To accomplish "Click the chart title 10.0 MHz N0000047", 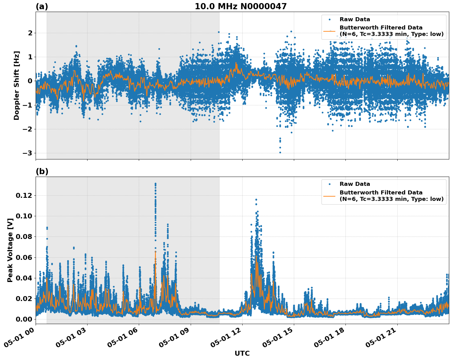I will [240, 6].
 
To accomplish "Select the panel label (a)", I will [42, 6].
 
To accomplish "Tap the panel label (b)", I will [42, 171].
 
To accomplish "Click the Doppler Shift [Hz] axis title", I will [17, 85].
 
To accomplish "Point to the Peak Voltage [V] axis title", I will [10, 250].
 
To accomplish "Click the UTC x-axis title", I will [242, 353].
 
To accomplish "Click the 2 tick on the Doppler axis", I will [30, 33].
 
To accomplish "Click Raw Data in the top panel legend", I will [355, 19].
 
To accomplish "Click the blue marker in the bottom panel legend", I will [329, 184].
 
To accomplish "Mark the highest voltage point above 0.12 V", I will [155, 184].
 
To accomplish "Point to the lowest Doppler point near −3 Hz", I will [280, 152].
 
